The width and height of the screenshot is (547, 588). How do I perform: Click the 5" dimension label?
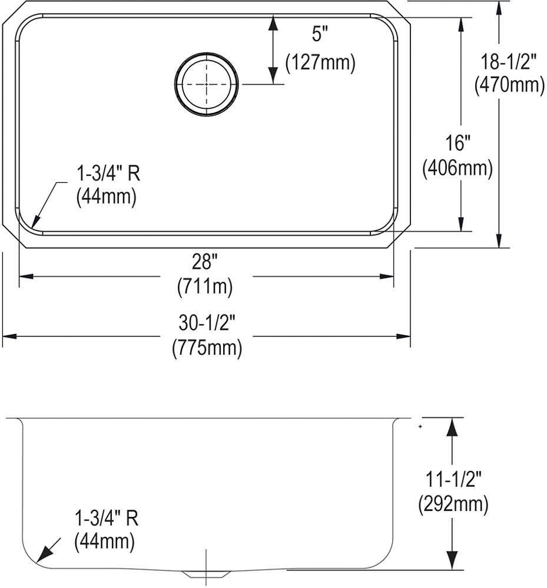click(320, 35)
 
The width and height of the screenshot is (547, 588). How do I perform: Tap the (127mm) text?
click(320, 63)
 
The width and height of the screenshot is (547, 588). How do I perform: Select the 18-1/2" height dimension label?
click(509, 62)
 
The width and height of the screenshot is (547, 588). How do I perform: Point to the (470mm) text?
click(509, 85)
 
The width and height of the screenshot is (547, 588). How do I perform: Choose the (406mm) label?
click(458, 168)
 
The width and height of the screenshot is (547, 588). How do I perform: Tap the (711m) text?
click(205, 288)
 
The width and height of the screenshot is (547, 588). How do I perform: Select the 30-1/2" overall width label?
click(207, 322)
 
